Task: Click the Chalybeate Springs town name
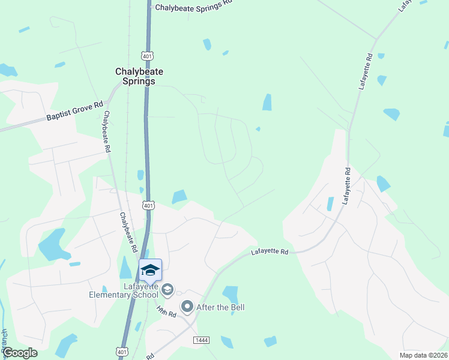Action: point(139,76)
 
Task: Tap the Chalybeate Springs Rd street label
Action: point(193,7)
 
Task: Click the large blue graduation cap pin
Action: point(150,270)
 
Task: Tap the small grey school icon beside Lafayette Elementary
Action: point(167,290)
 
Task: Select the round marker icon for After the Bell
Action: point(187,307)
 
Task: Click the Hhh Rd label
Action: point(166,311)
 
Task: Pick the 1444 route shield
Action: point(201,340)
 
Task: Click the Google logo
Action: point(19,353)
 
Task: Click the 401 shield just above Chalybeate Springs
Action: point(147,56)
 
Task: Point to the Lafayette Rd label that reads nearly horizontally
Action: point(269,253)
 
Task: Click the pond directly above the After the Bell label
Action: point(231,293)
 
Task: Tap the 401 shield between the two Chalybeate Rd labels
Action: point(148,206)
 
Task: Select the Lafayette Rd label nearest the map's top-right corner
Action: point(405,6)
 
